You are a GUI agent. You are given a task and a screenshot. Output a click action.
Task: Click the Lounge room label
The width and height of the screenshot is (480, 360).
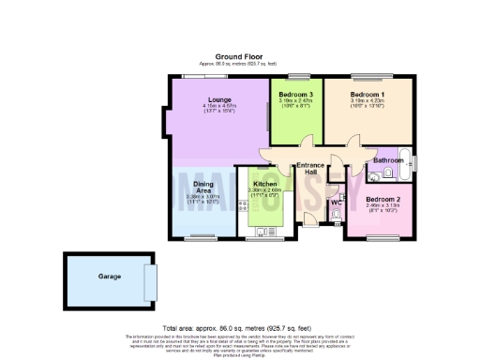tap(220, 98)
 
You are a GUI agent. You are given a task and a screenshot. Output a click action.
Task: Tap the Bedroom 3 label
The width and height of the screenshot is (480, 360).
tap(297, 95)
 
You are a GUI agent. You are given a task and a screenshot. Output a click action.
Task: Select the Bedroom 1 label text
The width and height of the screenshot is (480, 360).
tap(367, 95)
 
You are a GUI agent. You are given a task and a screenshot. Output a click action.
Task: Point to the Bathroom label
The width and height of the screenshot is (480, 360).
tap(387, 160)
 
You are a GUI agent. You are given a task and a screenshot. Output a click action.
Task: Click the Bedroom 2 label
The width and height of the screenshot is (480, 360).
tap(383, 200)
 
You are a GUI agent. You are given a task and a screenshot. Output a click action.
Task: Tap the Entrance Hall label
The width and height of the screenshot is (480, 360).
tap(310, 171)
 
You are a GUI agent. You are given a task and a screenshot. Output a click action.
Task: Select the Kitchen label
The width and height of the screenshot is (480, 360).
tap(263, 184)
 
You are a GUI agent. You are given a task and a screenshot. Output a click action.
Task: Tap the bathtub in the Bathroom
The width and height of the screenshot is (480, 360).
tap(405, 159)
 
